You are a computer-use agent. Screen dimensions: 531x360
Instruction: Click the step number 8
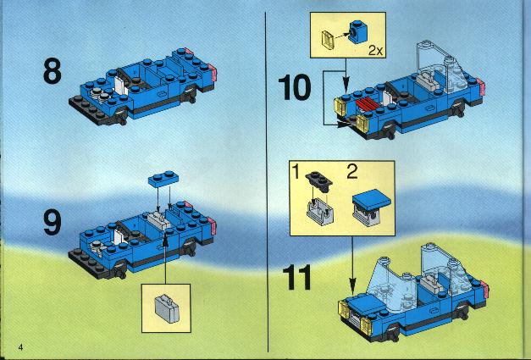[53, 71]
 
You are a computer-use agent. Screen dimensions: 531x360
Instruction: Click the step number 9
[53, 222]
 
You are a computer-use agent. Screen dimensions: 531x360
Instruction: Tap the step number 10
[294, 88]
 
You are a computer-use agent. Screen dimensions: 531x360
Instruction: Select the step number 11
[296, 277]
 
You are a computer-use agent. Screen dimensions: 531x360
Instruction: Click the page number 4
[20, 347]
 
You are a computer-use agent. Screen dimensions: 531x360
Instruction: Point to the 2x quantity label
[375, 51]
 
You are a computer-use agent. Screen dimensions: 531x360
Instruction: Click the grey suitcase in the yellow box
[167, 308]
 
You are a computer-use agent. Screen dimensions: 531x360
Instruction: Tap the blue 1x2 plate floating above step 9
[163, 179]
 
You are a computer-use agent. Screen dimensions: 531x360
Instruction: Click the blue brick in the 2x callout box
[357, 32]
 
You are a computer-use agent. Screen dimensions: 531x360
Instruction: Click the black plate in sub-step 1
[318, 181]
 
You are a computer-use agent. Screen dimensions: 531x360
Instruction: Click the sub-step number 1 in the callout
[296, 172]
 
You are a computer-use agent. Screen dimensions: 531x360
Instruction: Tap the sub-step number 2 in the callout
[352, 172]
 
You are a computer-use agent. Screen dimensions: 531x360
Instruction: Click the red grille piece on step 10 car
[368, 103]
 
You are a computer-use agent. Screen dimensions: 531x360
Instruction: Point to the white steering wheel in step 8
[120, 86]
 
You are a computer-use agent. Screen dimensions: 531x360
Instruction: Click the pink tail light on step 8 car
[213, 71]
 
